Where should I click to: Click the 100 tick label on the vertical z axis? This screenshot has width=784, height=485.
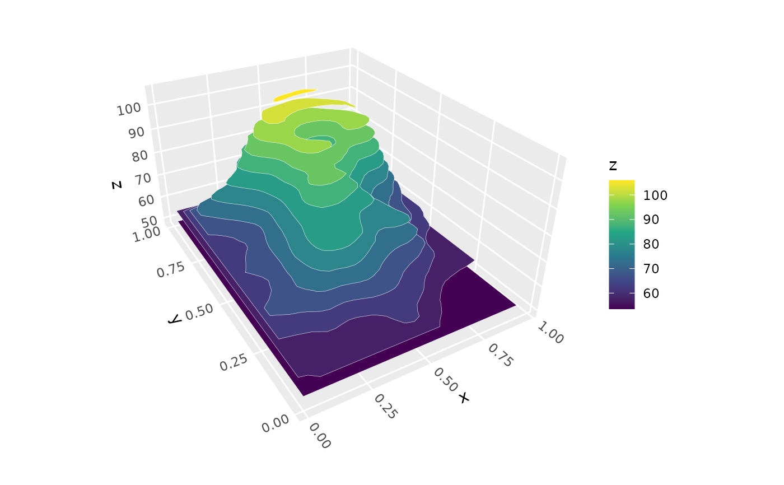click(x=129, y=109)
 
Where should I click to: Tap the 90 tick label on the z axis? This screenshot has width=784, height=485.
click(x=134, y=132)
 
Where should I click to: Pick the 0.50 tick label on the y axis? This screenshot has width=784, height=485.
click(x=200, y=312)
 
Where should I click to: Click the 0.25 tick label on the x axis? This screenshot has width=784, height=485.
click(x=385, y=406)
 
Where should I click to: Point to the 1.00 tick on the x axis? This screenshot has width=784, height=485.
click(x=550, y=331)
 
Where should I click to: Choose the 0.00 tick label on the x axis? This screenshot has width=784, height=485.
click(x=319, y=436)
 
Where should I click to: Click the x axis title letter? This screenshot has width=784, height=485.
click(x=463, y=398)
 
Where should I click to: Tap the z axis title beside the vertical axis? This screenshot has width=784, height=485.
click(x=116, y=183)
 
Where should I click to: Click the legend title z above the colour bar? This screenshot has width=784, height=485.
click(x=613, y=166)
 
